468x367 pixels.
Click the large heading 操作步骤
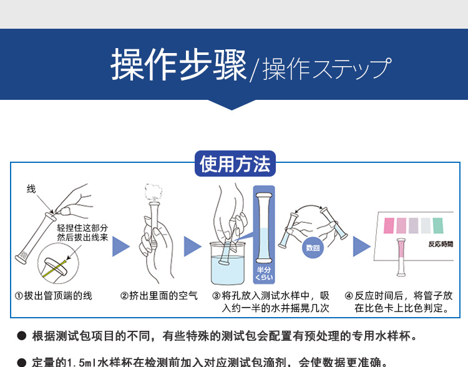178,64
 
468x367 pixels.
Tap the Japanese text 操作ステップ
327,68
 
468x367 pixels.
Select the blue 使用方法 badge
235,164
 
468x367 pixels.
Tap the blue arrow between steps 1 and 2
120,247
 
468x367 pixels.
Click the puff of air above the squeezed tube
152,191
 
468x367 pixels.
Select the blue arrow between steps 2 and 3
192,247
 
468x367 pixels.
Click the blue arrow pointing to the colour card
361,247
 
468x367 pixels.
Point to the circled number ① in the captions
19,296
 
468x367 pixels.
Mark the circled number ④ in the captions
349,296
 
